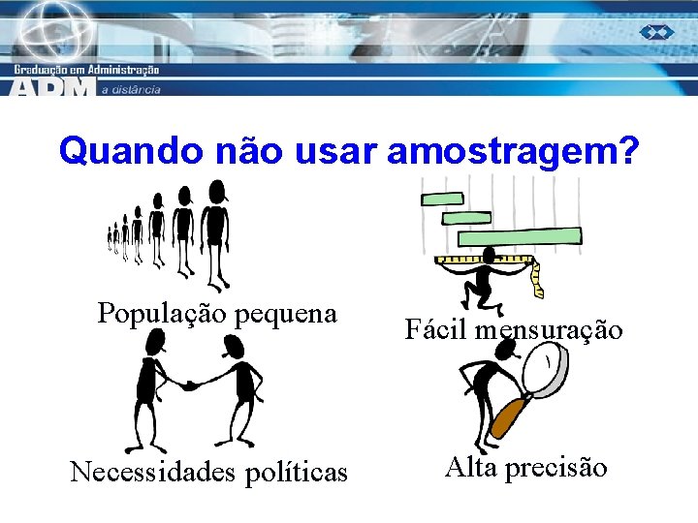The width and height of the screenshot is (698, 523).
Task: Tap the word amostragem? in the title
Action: [513, 152]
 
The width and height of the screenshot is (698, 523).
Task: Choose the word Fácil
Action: [434, 329]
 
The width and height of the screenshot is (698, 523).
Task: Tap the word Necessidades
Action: [155, 472]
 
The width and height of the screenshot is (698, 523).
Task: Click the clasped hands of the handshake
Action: [191, 385]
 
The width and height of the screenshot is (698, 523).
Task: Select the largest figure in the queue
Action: [216, 232]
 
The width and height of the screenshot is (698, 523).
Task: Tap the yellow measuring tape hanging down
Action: [538, 278]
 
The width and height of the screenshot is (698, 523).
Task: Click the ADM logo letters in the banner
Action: [53, 86]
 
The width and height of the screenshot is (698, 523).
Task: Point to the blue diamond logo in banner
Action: [656, 32]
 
